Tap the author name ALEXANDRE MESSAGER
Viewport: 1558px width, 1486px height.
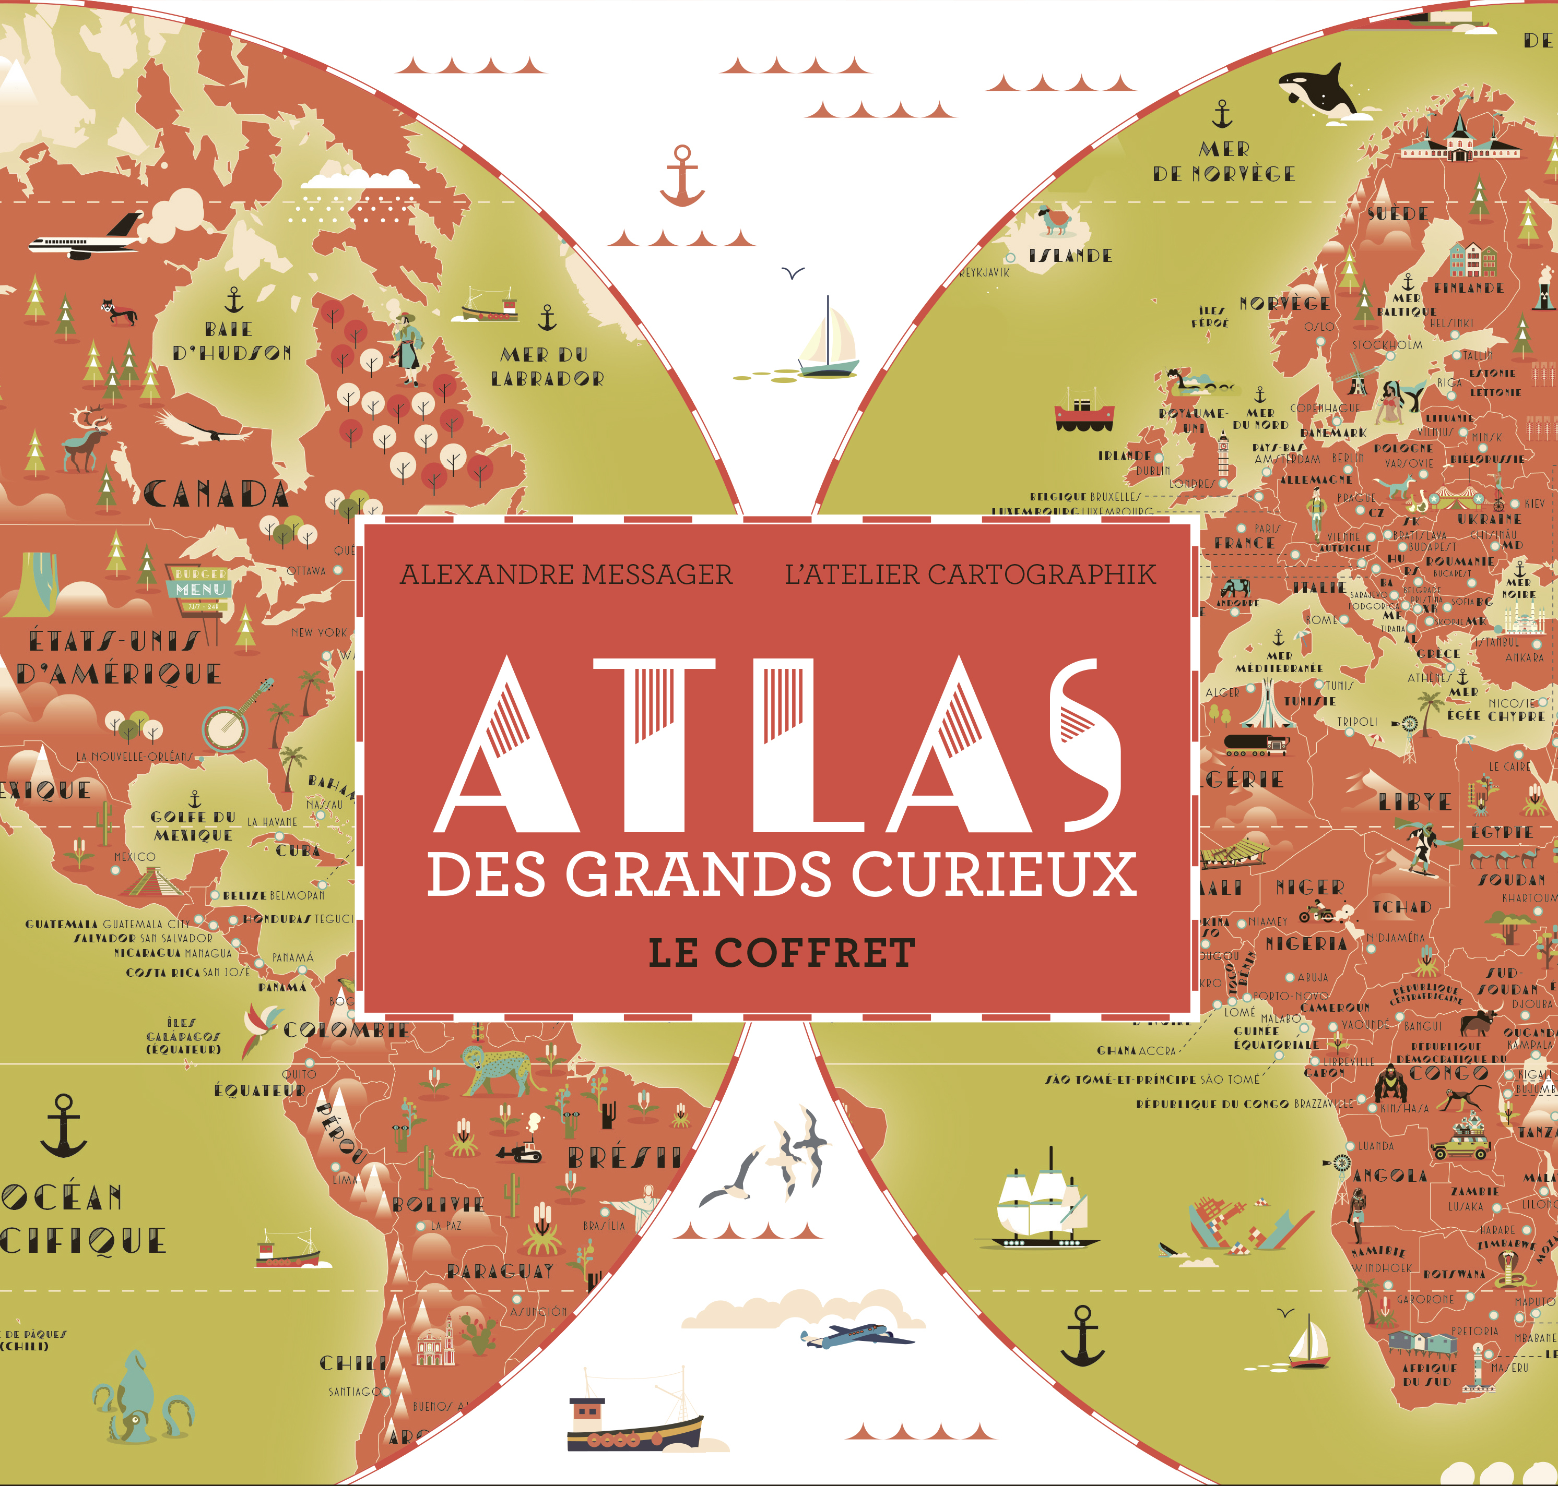click(566, 574)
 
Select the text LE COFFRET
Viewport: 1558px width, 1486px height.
click(782, 953)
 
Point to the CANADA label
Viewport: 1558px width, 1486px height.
click(216, 495)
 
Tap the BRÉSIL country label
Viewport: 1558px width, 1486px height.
click(625, 1158)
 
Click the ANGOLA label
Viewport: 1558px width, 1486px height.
click(1390, 1176)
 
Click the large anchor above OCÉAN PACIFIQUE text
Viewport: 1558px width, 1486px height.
click(63, 1125)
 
